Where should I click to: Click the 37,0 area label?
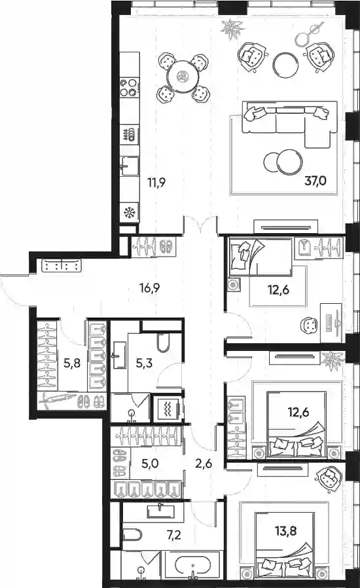(x=315, y=181)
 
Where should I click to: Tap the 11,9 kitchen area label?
(x=156, y=183)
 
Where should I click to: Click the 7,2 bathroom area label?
(x=174, y=534)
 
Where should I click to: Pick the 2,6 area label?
(x=204, y=464)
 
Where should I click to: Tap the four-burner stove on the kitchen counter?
(x=130, y=87)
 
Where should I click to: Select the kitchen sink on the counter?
(x=130, y=166)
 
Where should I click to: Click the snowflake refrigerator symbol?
(x=130, y=213)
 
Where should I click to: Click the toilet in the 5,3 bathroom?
(x=163, y=342)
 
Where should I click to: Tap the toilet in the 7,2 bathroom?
(x=132, y=534)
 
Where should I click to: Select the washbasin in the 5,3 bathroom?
(x=120, y=355)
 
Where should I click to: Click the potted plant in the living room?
(x=232, y=29)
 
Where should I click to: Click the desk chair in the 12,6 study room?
(x=309, y=325)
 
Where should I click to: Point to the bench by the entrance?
(x=62, y=265)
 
